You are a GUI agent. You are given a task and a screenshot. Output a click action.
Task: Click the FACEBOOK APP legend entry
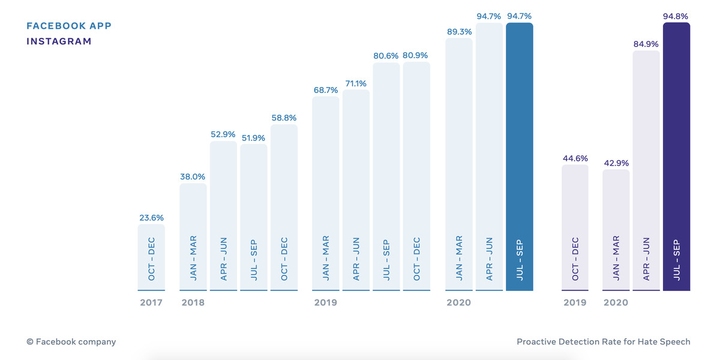point(69,26)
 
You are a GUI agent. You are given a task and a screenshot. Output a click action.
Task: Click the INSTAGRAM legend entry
point(59,41)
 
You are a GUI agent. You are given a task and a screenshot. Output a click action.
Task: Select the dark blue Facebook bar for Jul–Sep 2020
point(519,156)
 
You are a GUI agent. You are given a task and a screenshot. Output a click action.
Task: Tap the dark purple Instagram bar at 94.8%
point(676,156)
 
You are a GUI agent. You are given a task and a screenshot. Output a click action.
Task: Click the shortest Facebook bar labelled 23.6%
point(151,258)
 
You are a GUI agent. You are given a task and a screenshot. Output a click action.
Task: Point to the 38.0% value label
point(193,176)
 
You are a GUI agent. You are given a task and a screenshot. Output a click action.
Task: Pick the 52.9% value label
point(223,134)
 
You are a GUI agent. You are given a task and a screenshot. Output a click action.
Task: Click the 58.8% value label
point(284,118)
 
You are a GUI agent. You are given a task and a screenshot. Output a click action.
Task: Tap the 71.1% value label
point(356,83)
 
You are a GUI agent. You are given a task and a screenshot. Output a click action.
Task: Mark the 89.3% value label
point(459,32)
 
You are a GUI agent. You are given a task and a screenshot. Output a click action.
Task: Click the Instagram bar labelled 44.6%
point(575,228)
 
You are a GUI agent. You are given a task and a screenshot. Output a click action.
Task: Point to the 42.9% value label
point(616,163)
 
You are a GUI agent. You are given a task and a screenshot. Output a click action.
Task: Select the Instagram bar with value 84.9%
point(646,171)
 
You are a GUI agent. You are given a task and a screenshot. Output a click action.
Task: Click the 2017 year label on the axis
point(151,302)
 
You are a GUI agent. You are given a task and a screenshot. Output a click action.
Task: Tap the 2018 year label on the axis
point(193,302)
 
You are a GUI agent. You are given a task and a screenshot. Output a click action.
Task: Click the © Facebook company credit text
point(71,341)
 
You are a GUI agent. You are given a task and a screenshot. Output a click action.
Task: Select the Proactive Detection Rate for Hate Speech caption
point(603,341)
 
